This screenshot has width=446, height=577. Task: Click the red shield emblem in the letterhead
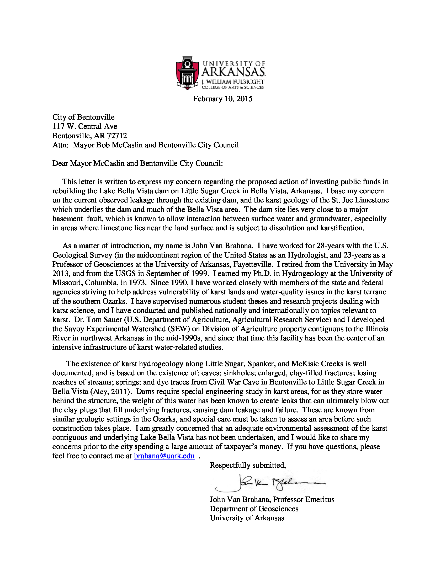(x=187, y=72)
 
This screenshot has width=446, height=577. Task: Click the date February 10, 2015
(x=223, y=99)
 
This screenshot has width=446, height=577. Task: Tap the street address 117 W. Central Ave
(x=84, y=127)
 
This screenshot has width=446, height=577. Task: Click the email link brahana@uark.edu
(x=164, y=456)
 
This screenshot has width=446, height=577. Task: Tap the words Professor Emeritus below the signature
(x=304, y=500)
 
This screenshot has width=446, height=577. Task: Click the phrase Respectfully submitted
(x=248, y=465)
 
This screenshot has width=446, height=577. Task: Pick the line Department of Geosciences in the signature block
(x=254, y=509)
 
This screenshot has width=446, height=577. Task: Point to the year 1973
(x=137, y=283)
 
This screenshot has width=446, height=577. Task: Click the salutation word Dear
(x=60, y=164)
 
